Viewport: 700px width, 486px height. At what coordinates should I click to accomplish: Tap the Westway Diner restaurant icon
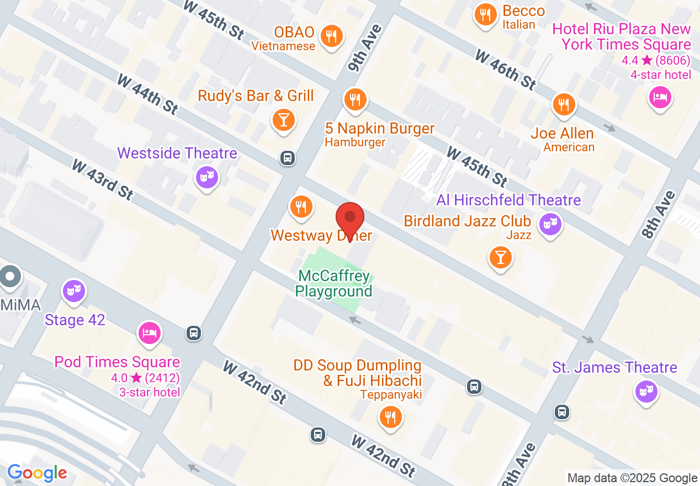[301, 207]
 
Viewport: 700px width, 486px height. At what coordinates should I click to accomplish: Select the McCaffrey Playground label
[334, 283]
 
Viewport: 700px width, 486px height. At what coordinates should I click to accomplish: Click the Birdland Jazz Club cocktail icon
[500, 257]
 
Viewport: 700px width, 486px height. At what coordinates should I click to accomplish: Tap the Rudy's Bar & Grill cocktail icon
[284, 119]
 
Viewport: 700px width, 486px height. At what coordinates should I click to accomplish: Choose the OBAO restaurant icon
[331, 36]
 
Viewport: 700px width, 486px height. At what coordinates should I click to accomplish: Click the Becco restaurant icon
[485, 14]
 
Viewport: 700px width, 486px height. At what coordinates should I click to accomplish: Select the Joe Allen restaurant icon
[563, 103]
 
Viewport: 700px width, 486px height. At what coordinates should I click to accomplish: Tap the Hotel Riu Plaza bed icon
[660, 97]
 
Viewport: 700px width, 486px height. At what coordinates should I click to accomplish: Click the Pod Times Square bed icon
[150, 332]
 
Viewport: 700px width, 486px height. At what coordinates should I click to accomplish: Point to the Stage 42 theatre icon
[73, 289]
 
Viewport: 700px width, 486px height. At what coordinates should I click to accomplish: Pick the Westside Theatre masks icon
[207, 177]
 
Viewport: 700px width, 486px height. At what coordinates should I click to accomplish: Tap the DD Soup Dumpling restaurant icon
[391, 416]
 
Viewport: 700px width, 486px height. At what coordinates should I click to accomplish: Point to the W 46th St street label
[505, 70]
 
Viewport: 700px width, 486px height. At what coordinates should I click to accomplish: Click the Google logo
[37, 473]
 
